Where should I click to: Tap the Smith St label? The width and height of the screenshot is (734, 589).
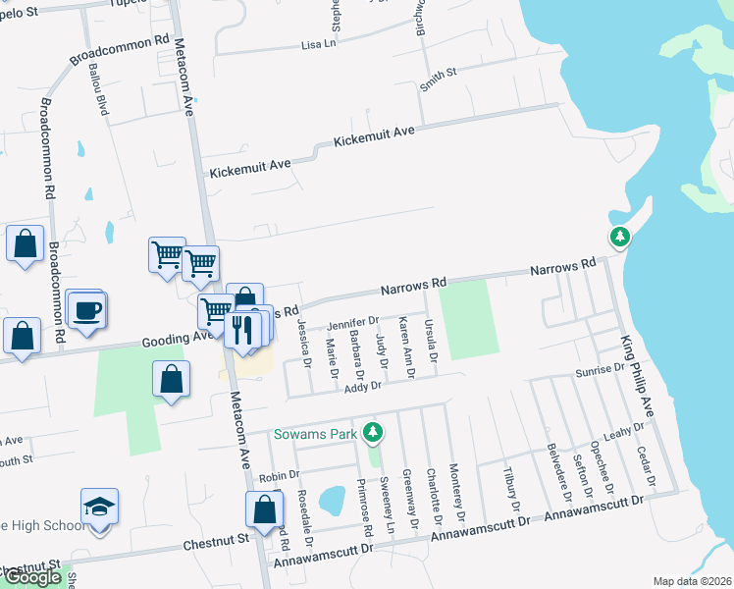tap(439, 80)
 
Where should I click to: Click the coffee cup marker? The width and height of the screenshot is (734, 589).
tap(86, 310)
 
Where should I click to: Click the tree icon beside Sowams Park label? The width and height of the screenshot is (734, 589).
tap(372, 432)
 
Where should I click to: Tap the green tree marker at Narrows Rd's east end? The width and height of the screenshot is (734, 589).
tap(619, 237)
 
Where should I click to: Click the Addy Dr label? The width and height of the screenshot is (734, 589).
tap(362, 389)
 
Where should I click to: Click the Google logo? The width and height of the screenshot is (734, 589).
tap(32, 577)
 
